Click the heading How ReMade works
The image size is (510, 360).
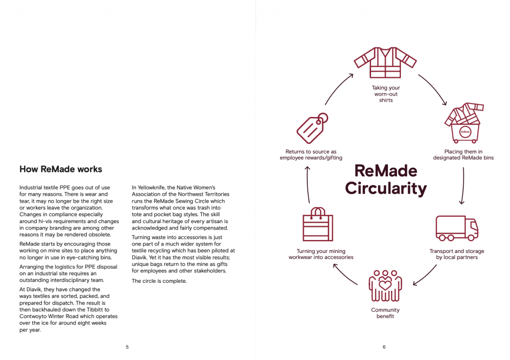point(61,169)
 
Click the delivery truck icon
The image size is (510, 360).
point(457,229)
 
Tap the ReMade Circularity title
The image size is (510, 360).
point(385,180)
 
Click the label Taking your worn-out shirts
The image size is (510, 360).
point(385,94)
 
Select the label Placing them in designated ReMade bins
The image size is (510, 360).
point(463,155)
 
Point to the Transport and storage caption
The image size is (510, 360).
point(457,254)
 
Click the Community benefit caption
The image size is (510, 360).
point(385,313)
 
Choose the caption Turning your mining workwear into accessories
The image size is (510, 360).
point(321,254)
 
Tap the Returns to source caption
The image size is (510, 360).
point(311,155)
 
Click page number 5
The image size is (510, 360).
point(127,347)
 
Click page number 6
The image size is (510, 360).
point(384,347)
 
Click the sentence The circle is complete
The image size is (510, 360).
point(159,281)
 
